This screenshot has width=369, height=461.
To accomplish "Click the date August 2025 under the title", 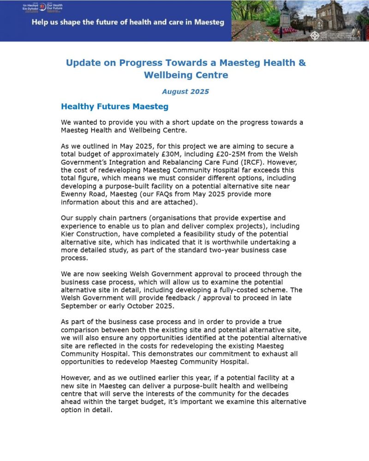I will pyautogui.click(x=185, y=91).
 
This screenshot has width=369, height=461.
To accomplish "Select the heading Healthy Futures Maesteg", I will pyautogui.click(x=114, y=106).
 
